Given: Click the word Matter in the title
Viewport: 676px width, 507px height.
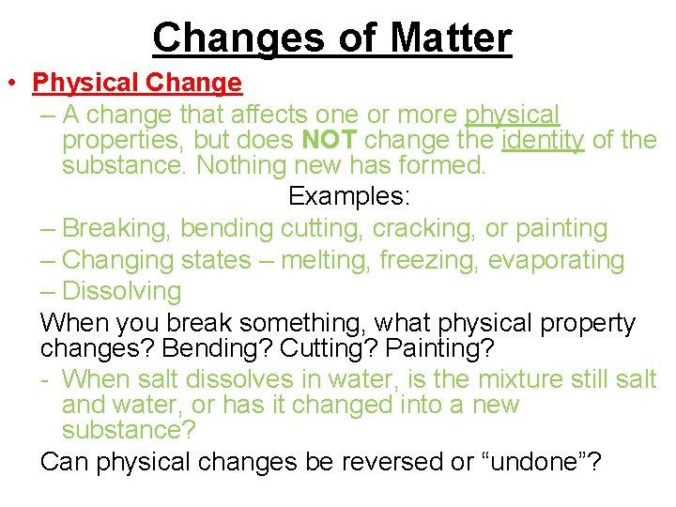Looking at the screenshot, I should click(x=451, y=38).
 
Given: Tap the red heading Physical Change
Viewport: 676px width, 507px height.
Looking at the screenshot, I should click(x=137, y=83).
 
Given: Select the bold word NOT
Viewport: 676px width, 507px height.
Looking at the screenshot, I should click(x=330, y=141).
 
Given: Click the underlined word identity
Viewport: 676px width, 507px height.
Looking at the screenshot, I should click(x=544, y=141).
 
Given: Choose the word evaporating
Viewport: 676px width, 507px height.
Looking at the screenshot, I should click(x=556, y=260).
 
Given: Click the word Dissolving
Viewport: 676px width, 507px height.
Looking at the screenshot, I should click(x=121, y=291).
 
